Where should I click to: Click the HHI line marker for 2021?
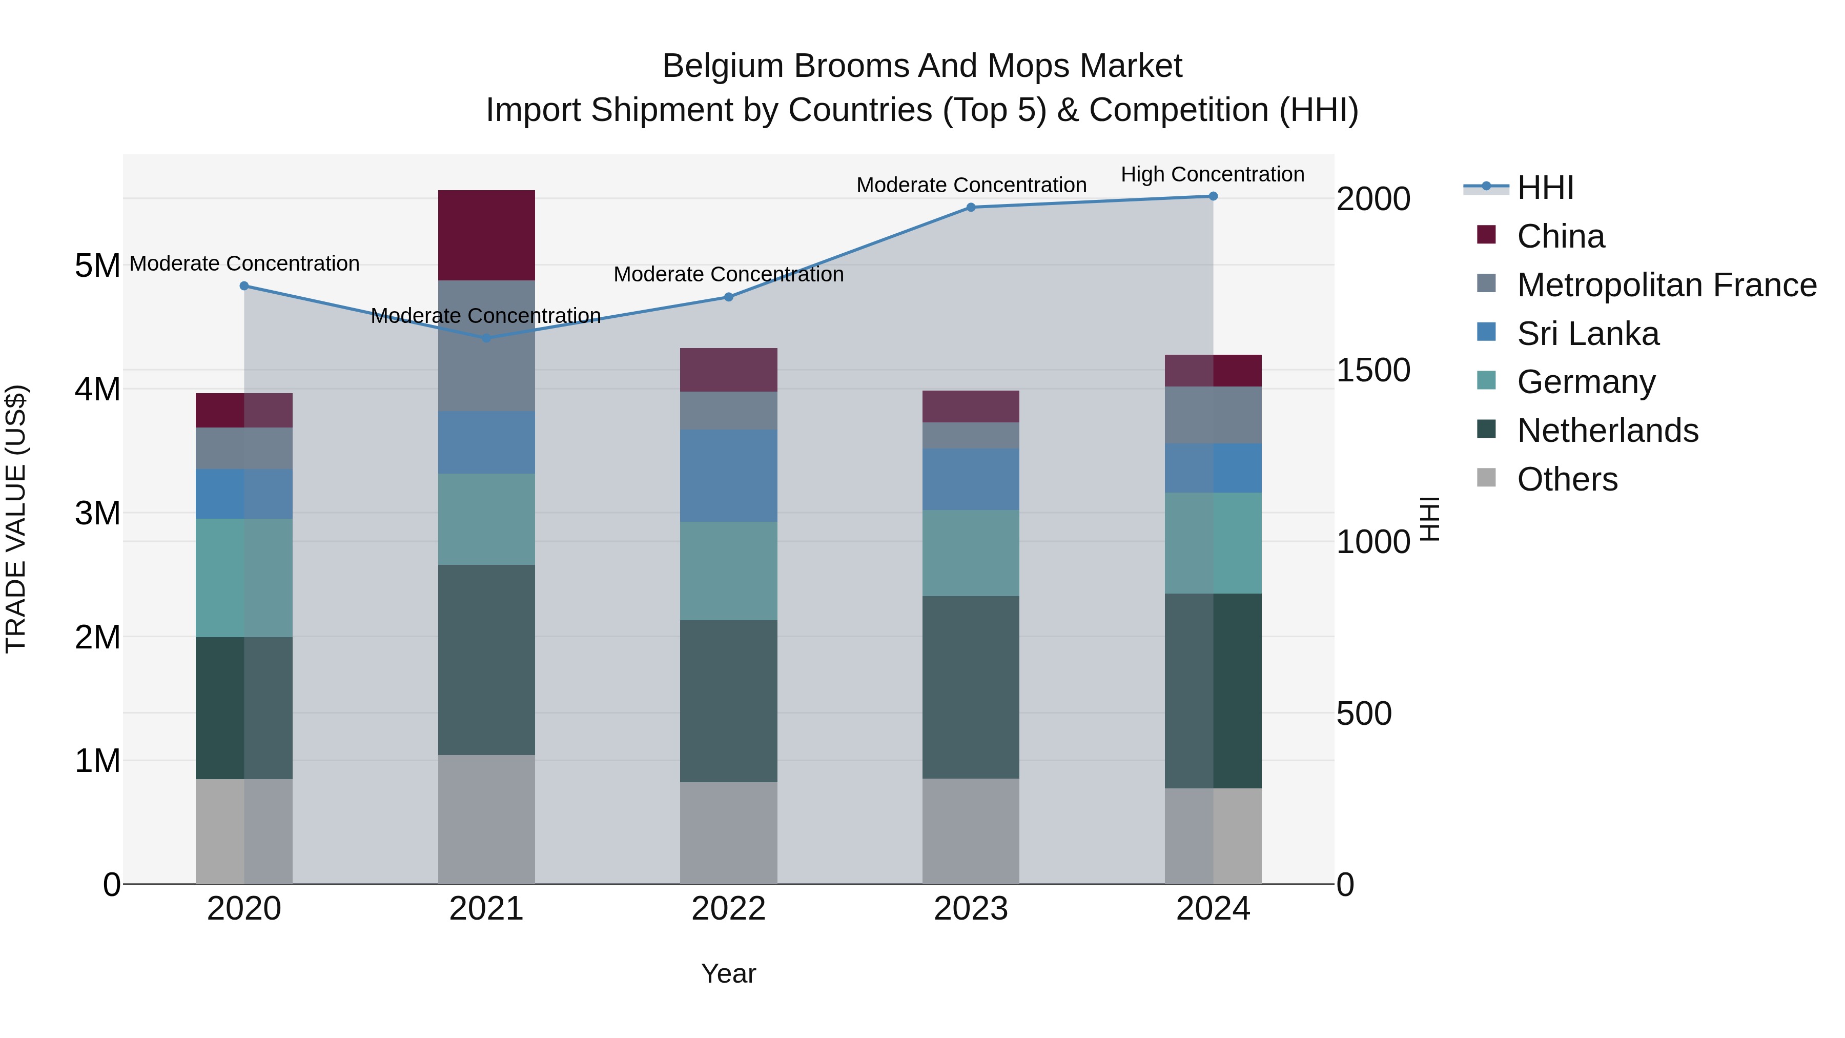[x=486, y=338]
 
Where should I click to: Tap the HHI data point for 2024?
[x=1213, y=196]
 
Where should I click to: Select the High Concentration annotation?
[x=1213, y=174]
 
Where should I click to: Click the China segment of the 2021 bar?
[x=486, y=235]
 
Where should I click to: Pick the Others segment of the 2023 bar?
[x=971, y=831]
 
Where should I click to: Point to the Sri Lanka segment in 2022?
[x=728, y=476]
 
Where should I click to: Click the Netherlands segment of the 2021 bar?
[x=486, y=660]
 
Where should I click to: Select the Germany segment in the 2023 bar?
[x=971, y=553]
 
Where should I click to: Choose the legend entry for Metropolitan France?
[x=1667, y=285]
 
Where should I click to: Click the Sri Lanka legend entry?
[x=1588, y=334]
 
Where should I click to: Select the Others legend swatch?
[x=1486, y=478]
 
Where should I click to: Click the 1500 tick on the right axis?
[x=1373, y=371]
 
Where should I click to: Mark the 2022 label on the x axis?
[x=728, y=909]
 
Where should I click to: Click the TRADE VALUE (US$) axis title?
[x=16, y=519]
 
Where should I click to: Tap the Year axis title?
[x=728, y=973]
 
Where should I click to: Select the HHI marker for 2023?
[x=971, y=208]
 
